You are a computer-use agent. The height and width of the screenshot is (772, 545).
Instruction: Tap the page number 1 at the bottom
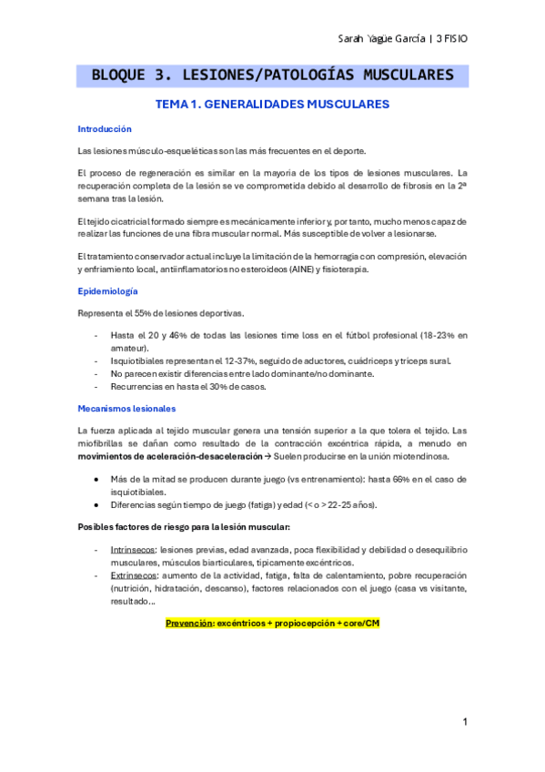(x=465, y=722)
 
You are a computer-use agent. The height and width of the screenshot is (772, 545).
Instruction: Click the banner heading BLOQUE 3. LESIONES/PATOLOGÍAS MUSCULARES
(x=273, y=76)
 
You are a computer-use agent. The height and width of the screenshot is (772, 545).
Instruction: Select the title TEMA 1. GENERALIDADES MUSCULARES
(x=273, y=105)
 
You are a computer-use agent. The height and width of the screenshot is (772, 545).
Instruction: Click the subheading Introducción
(x=105, y=129)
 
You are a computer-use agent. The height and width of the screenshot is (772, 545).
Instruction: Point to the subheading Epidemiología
(x=108, y=291)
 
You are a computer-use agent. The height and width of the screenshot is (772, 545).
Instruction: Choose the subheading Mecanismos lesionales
(x=126, y=409)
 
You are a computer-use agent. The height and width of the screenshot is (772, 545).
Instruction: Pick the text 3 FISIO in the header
(x=451, y=39)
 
